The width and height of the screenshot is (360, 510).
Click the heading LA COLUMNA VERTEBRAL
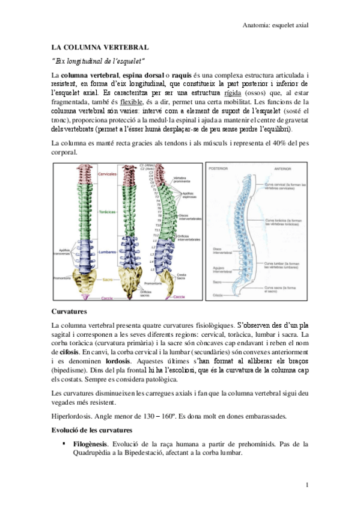[x=100, y=46]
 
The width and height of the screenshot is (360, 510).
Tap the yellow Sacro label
[x=108, y=280]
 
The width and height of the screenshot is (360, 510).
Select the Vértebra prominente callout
[x=184, y=180]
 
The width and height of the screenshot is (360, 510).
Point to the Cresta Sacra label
[x=181, y=276]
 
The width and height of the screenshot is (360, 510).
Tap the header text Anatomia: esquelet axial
[x=273, y=25]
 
